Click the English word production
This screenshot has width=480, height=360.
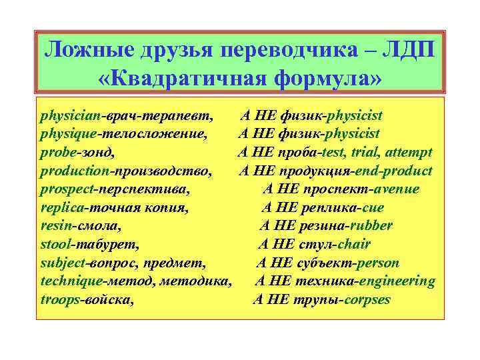(76, 171)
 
